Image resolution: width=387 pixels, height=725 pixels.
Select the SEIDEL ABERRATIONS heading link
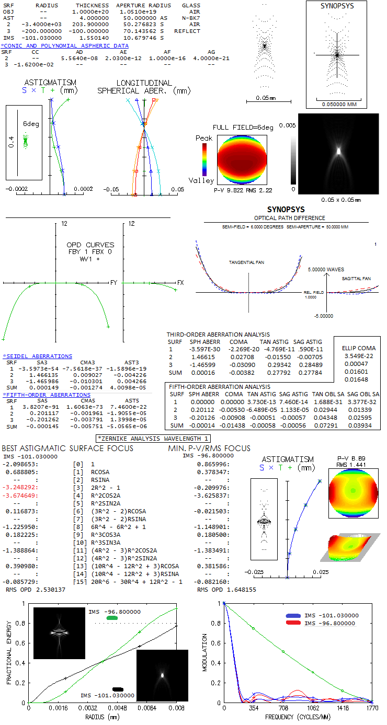[x=38, y=356]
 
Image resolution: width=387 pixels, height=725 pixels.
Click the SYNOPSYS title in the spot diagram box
[x=337, y=6]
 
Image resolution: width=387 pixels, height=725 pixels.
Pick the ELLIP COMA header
[x=359, y=348]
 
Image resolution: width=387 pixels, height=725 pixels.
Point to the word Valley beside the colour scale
[x=204, y=181]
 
